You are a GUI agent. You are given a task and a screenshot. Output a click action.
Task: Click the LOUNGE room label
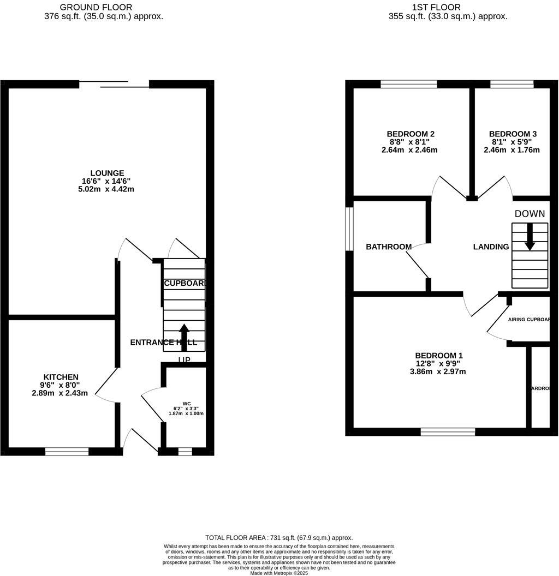(x=107, y=173)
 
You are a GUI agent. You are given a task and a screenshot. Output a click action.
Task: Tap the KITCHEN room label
(x=61, y=377)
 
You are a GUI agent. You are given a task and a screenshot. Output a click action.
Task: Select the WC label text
(x=186, y=404)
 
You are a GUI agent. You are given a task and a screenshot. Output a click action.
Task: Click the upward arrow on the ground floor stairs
(x=184, y=336)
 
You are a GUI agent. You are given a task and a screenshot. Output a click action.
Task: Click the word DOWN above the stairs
(x=530, y=214)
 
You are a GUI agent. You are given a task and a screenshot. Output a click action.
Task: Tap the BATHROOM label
(x=389, y=247)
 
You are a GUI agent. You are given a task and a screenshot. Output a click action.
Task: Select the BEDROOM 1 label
(x=439, y=356)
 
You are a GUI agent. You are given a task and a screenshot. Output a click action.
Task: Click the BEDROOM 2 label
(x=411, y=134)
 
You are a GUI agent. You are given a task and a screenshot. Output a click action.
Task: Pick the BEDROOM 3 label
(x=513, y=134)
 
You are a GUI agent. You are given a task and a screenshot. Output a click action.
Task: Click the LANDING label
(x=491, y=247)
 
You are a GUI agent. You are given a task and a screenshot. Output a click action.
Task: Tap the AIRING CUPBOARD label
(x=528, y=320)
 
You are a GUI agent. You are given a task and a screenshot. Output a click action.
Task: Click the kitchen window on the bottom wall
(x=67, y=451)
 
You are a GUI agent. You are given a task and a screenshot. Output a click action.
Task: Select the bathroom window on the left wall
(x=350, y=229)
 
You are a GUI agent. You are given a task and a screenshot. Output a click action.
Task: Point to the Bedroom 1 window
(x=448, y=431)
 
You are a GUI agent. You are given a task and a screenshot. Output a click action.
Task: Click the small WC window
(x=185, y=451)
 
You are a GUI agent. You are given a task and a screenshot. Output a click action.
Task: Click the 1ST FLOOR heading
(x=436, y=8)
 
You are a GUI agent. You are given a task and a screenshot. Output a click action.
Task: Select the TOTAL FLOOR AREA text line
(x=279, y=537)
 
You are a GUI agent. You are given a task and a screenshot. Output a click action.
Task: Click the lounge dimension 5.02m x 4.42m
(x=106, y=189)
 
